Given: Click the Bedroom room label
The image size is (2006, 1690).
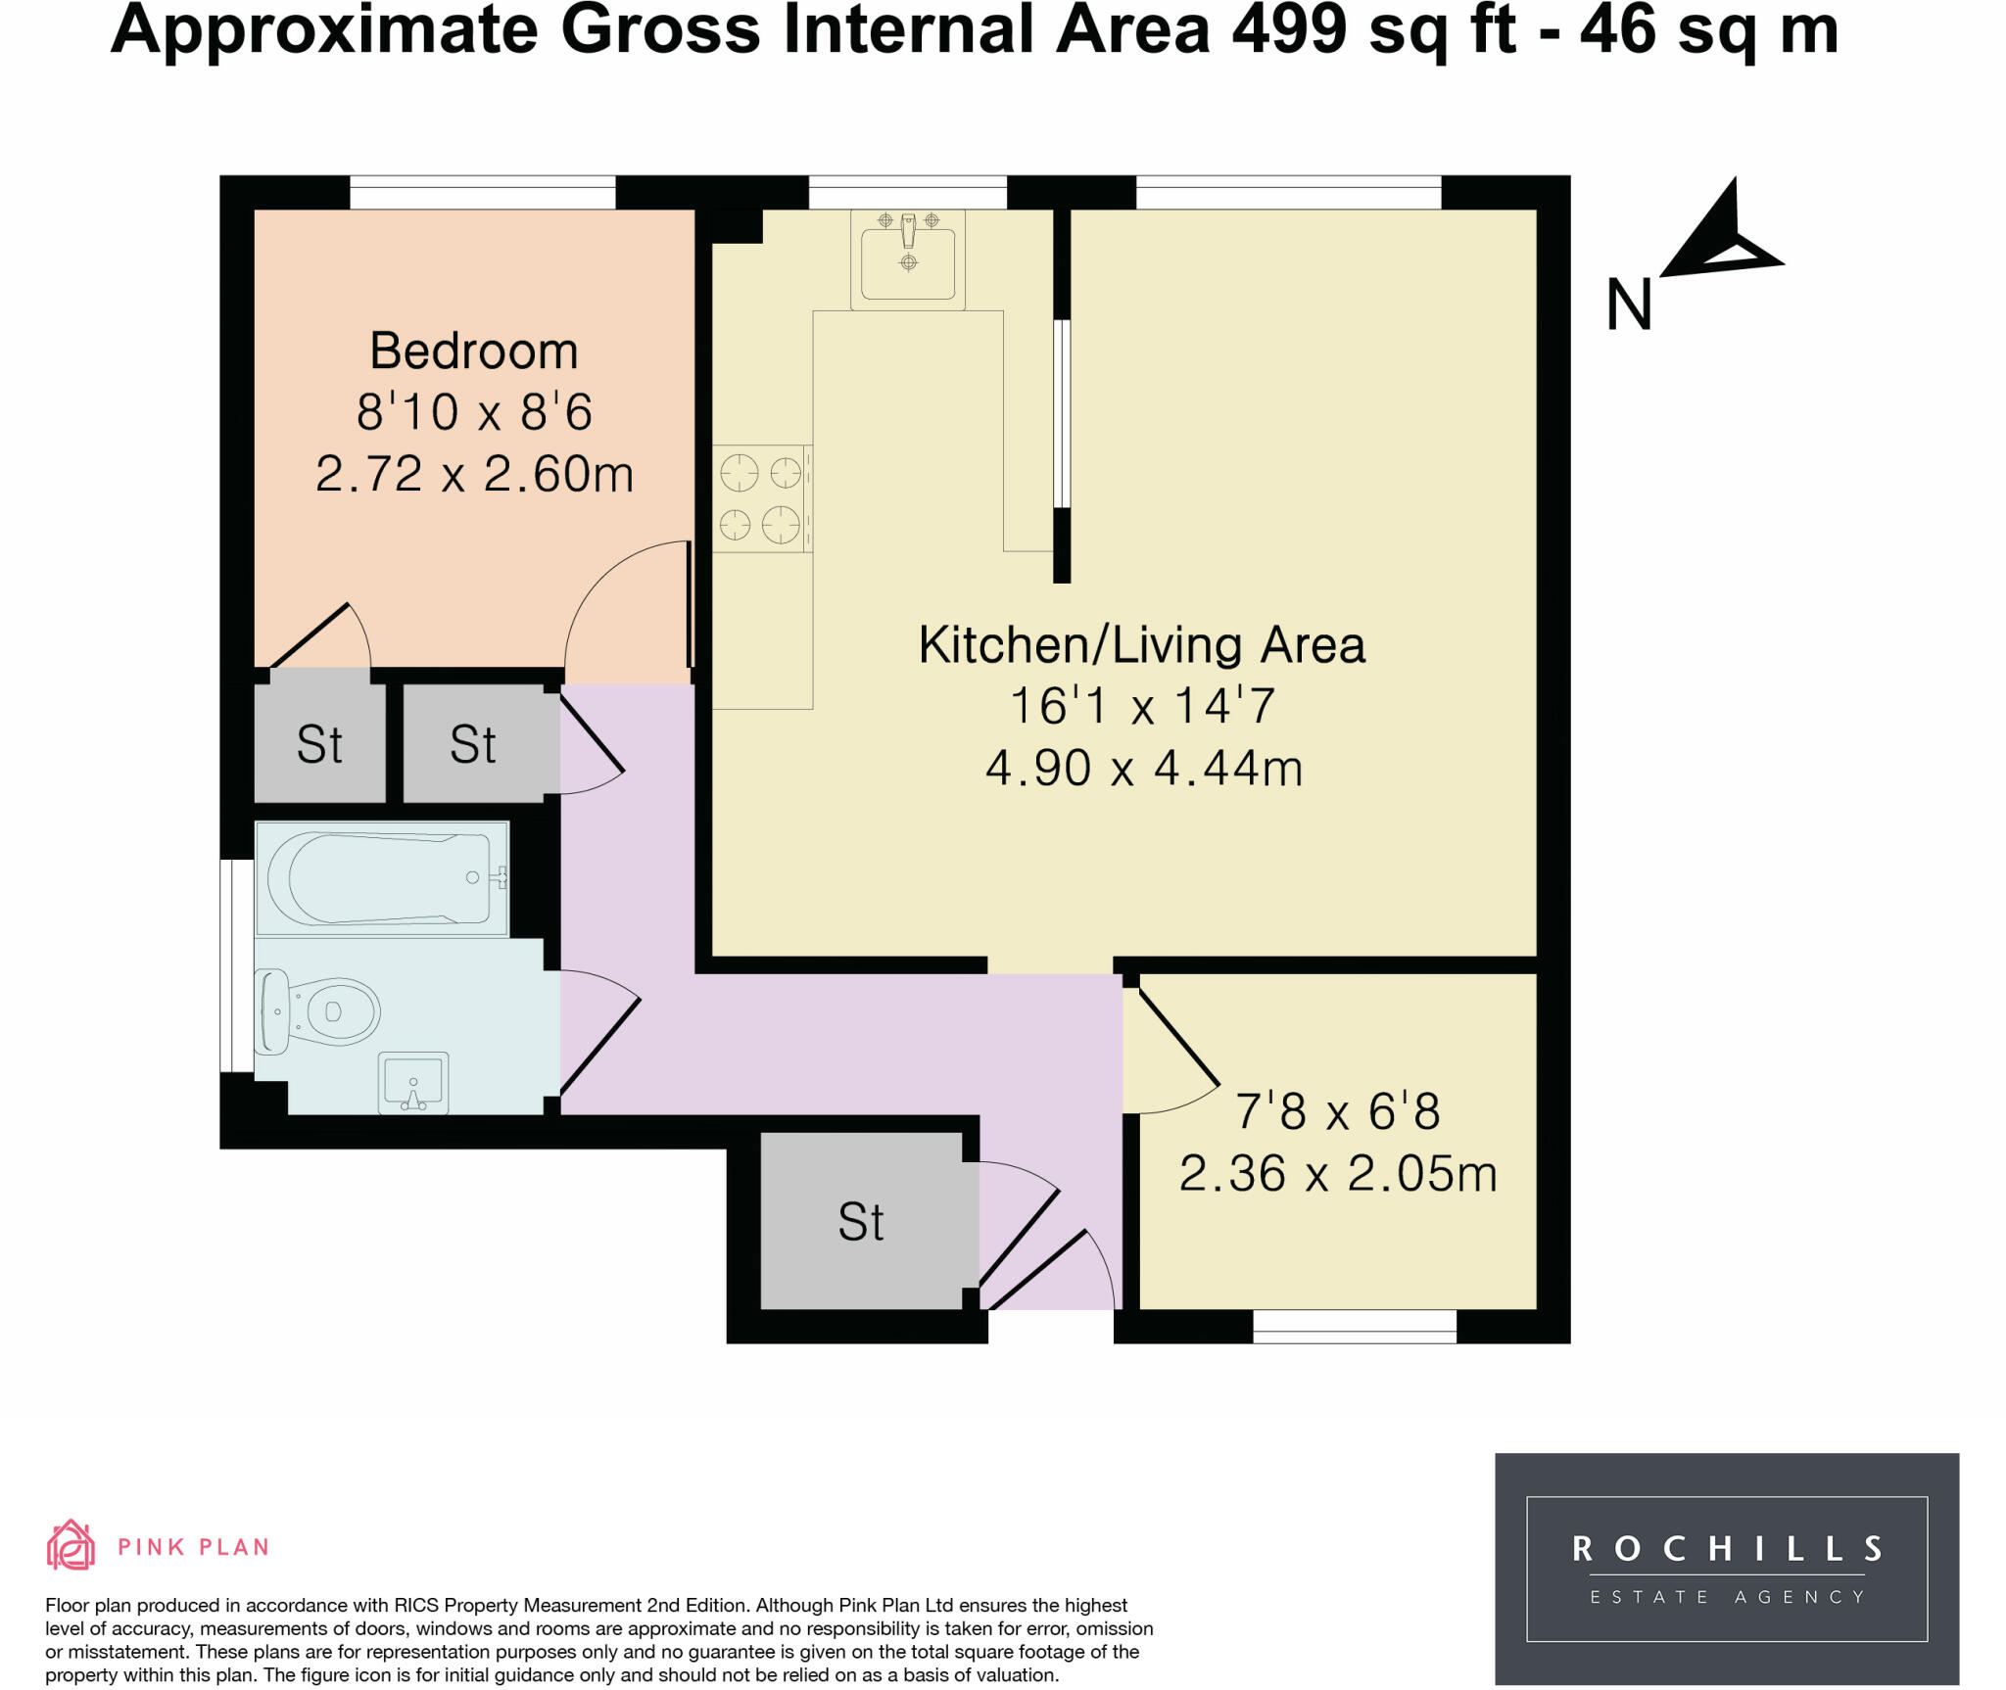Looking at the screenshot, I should pyautogui.click(x=473, y=351).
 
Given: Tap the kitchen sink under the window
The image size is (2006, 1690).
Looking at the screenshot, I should pyautogui.click(x=907, y=260).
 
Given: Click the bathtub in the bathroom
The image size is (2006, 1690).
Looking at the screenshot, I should pyautogui.click(x=382, y=878).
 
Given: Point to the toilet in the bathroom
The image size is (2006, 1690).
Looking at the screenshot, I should pyautogui.click(x=318, y=1011).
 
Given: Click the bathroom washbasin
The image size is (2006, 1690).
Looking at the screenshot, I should pyautogui.click(x=412, y=1083).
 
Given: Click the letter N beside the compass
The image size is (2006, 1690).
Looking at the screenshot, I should pyautogui.click(x=1629, y=305).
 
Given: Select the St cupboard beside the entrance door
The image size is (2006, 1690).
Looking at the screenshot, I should pyautogui.click(x=861, y=1221).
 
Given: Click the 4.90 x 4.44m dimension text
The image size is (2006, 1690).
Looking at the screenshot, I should pyautogui.click(x=1143, y=768).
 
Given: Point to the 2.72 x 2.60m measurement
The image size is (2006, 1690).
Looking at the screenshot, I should pyautogui.click(x=474, y=474).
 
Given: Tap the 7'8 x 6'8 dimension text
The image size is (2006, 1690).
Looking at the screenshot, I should pyautogui.click(x=1337, y=1111).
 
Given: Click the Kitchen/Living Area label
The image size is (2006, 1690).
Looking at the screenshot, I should pyautogui.click(x=1141, y=645).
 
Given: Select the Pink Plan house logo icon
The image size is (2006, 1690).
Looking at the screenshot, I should pyautogui.click(x=71, y=1545).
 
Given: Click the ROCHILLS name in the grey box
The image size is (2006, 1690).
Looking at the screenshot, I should pyautogui.click(x=1726, y=1549).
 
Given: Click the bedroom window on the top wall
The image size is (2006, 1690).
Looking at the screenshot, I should pyautogui.click(x=482, y=192).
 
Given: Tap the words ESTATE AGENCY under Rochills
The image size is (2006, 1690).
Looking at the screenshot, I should pyautogui.click(x=1726, y=1597).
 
